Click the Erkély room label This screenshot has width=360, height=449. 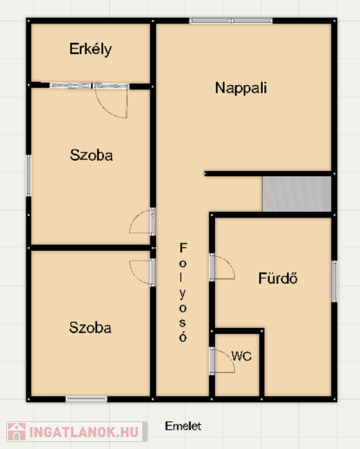pyautogui.click(x=91, y=49)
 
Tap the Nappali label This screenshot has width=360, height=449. pyautogui.click(x=241, y=88)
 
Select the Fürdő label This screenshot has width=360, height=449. pyautogui.click(x=278, y=278)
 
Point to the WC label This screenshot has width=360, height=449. pyautogui.click(x=241, y=356)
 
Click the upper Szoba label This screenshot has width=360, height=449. pyautogui.click(x=92, y=155)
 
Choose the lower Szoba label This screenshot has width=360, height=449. pyautogui.click(x=90, y=328)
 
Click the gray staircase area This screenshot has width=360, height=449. pyautogui.click(x=297, y=194)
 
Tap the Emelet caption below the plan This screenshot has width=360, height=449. pyautogui.click(x=183, y=426)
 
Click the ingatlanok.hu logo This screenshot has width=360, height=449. pyautogui.click(x=77, y=432)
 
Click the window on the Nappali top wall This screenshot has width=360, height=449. pyautogui.click(x=231, y=21)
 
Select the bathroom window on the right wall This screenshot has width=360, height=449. pyautogui.click(x=334, y=281)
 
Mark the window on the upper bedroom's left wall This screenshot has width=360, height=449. pyautogui.click(x=28, y=175)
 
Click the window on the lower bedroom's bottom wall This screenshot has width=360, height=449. pyautogui.click(x=86, y=399)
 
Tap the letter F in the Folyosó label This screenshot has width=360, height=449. pyautogui.click(x=183, y=247)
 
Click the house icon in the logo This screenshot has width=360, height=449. pyautogui.click(x=17, y=432)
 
